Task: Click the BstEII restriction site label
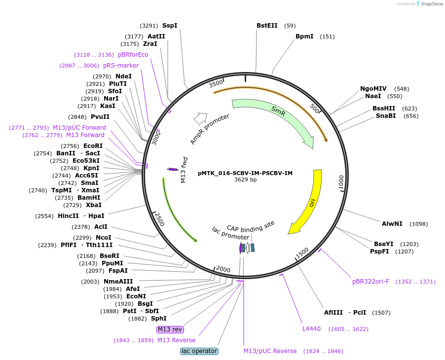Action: click(x=267, y=26)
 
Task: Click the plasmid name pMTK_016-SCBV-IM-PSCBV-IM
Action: click(x=245, y=173)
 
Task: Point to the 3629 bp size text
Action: click(x=245, y=180)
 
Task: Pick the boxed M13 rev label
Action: click(x=170, y=329)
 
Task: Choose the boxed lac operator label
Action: click(x=199, y=351)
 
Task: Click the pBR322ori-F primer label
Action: click(x=371, y=282)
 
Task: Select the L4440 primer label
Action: click(x=311, y=329)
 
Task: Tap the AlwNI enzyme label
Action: click(x=392, y=224)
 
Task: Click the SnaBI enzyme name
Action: click(x=386, y=116)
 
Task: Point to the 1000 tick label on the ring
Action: click(x=341, y=182)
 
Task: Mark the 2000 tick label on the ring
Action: click(x=223, y=269)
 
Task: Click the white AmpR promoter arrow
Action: click(x=200, y=118)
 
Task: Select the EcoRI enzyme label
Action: click(x=93, y=146)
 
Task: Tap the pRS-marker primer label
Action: click(x=121, y=66)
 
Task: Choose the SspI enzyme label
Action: click(x=170, y=26)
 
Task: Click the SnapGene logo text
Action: click(x=432, y=3)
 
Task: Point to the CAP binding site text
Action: click(x=251, y=227)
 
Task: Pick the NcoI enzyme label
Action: click(x=104, y=237)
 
